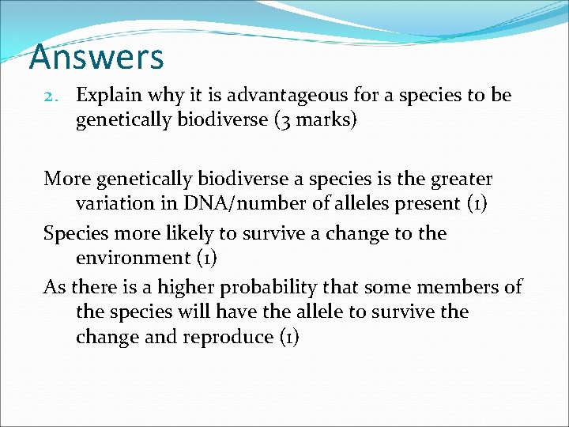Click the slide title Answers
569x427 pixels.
[96, 58]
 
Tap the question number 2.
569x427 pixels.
[51, 96]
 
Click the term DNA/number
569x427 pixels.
[229, 203]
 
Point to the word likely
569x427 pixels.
[202, 234]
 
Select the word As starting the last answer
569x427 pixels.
[55, 287]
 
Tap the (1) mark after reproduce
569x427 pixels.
[288, 337]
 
